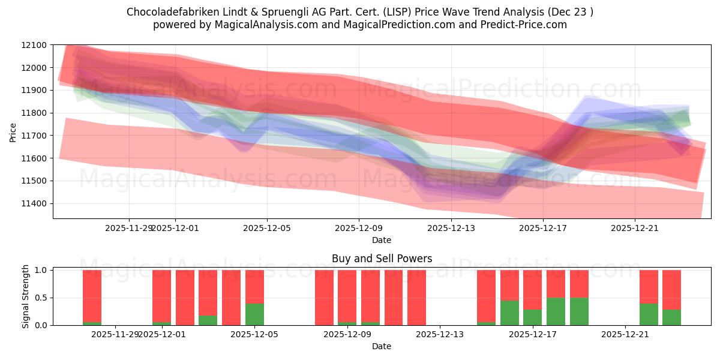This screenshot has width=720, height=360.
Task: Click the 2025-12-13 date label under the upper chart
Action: tap(451, 228)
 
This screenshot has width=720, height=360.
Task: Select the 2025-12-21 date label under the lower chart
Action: tap(625, 334)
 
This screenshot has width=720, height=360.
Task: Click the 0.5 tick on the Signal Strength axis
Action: tap(41, 298)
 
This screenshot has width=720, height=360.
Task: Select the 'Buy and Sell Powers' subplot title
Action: tap(382, 259)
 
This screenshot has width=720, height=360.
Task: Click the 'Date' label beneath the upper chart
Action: tap(382, 240)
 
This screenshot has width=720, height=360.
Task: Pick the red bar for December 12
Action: tap(416, 298)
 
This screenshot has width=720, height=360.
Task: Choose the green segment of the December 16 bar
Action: tap(509, 313)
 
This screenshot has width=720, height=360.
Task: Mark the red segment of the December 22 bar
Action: tap(649, 286)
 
